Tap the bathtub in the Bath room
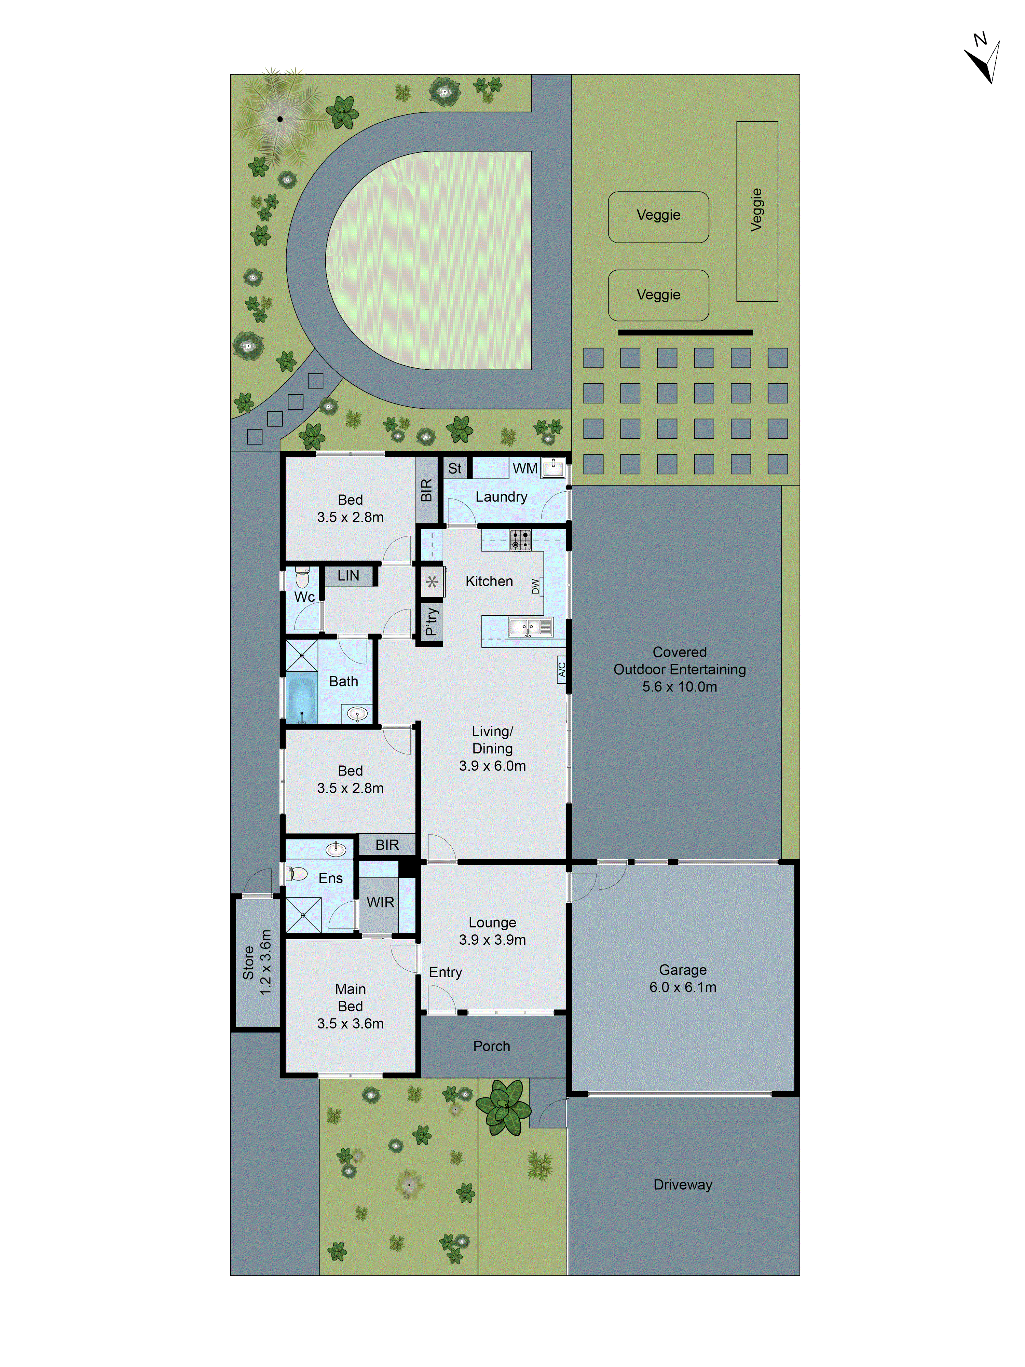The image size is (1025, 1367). click(x=301, y=700)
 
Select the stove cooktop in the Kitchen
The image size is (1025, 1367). click(x=520, y=540)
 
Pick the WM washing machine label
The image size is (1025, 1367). click(x=524, y=468)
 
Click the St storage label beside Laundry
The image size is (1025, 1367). click(x=455, y=468)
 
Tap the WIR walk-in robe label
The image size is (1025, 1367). click(x=380, y=902)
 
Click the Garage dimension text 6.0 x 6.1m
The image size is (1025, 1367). click(x=683, y=987)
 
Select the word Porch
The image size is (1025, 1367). click(x=491, y=1045)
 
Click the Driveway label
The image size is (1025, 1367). click(x=683, y=1185)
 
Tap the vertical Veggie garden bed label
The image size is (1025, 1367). click(x=756, y=210)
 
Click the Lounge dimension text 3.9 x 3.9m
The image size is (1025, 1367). click(x=492, y=939)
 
